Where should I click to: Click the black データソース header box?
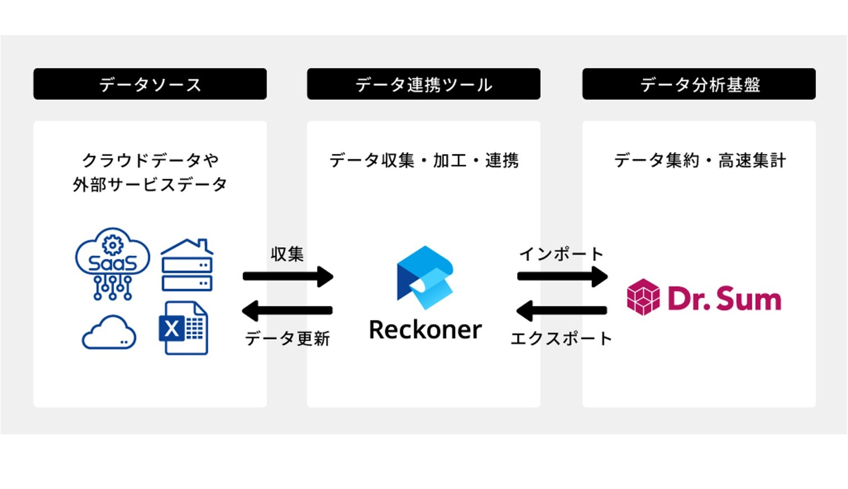tap(150, 84)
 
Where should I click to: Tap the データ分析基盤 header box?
tap(699, 84)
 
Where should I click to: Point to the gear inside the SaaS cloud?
tap(112, 245)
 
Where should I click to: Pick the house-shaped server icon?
tap(187, 265)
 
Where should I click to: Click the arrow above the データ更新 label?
tap(288, 310)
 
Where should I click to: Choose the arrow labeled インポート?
tap(562, 276)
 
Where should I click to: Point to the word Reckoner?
tap(425, 330)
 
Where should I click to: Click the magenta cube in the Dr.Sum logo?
tap(643, 297)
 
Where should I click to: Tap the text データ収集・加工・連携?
tap(424, 160)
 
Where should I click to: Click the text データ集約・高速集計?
tap(699, 160)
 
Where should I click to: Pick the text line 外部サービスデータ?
tap(150, 185)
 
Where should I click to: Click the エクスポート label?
tap(561, 339)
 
